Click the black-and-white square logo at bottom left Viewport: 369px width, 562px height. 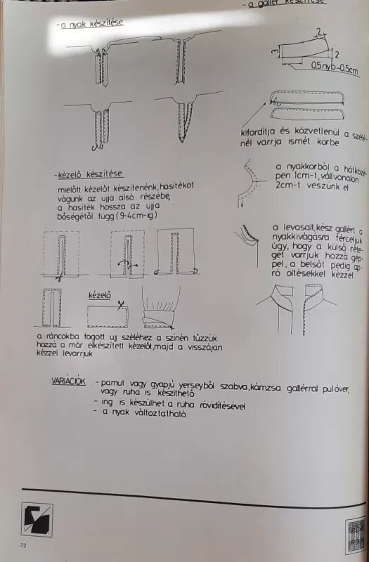click(x=37, y=518)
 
